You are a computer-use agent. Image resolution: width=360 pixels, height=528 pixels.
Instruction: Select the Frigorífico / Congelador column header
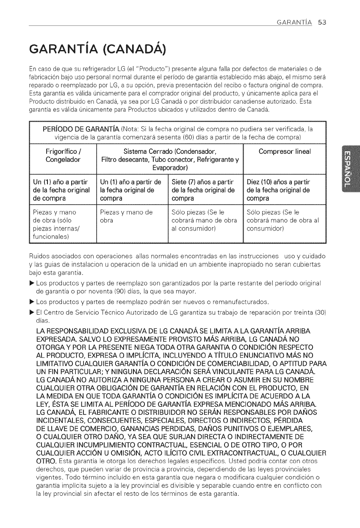pos(64,155)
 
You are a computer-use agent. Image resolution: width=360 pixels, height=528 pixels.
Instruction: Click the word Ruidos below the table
pos(40,256)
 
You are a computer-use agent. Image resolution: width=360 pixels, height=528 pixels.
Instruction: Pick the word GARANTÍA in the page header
pos(293,23)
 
